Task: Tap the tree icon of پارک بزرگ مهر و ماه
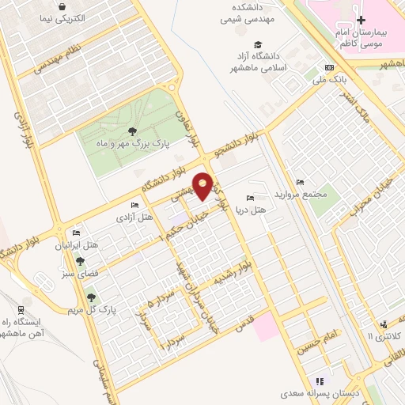pos(131,133)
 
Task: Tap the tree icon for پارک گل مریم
pos(92,297)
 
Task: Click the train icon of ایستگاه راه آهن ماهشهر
pos(20,310)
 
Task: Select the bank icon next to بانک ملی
pos(330,68)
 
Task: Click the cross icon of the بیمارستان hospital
pos(361,21)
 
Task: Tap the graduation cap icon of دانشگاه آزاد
pos(256,44)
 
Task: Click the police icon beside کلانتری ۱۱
pos(383,324)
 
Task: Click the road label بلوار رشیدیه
pos(232,274)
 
